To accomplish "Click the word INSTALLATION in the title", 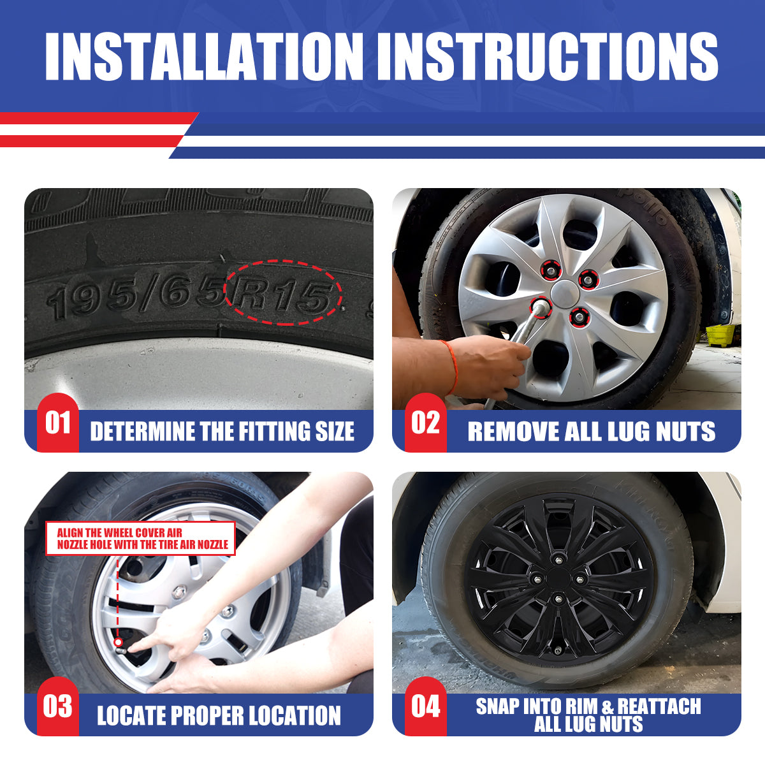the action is click(204, 57).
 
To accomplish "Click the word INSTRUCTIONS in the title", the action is click(548, 57).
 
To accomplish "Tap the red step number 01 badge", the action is click(58, 423).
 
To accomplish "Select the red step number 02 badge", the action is click(426, 423).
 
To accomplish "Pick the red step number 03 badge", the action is click(58, 706).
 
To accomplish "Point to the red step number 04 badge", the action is click(426, 706).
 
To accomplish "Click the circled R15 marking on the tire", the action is click(282, 294).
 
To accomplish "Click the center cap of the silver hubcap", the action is click(564, 292).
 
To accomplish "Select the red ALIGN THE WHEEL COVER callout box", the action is click(140, 538).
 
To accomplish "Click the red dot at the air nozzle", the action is click(117, 642).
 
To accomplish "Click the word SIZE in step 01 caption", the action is click(335, 431).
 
